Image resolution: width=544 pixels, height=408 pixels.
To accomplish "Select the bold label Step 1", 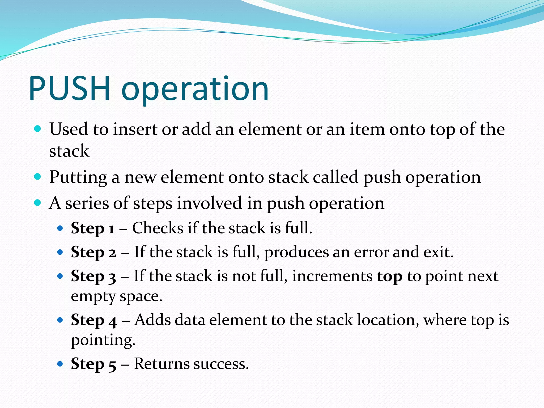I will tap(92, 228).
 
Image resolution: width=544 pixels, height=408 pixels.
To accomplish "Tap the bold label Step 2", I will tap(93, 252).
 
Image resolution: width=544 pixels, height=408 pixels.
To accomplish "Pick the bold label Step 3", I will tap(93, 276).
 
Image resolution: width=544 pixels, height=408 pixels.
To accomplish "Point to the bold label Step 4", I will tap(94, 320).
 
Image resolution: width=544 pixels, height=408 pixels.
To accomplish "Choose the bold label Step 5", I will tap(93, 364).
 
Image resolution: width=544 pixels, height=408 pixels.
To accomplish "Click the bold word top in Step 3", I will tap(389, 277).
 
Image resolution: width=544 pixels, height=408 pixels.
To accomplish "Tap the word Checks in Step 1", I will tap(158, 228).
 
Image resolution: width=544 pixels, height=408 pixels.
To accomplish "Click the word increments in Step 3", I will tap(332, 276).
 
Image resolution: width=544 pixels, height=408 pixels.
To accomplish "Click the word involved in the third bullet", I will tap(210, 203).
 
